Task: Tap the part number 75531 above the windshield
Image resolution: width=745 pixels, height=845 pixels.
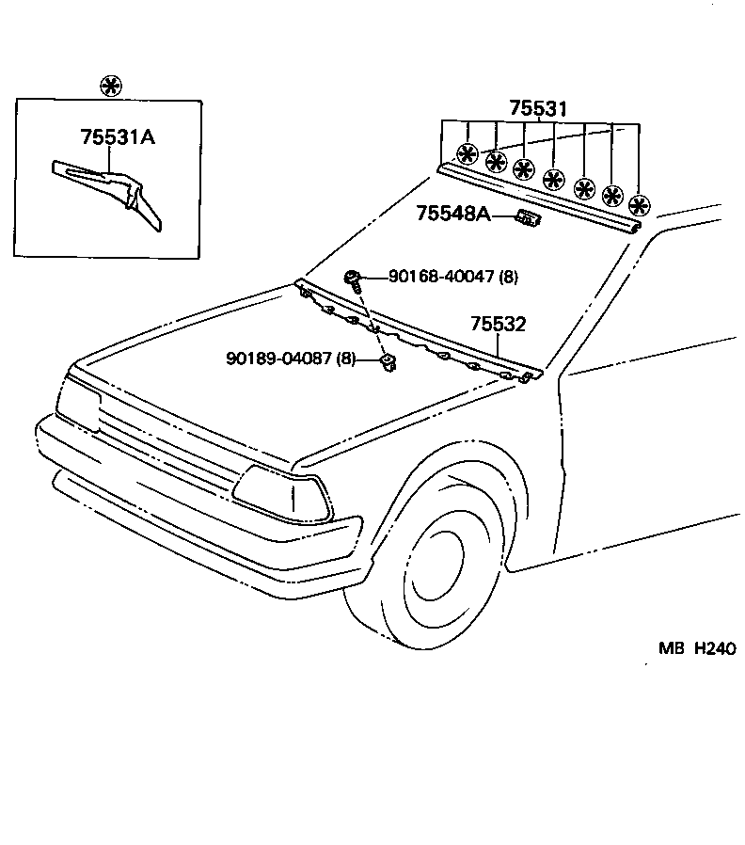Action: coord(538,109)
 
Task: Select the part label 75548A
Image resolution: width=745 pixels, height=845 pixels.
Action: coord(453,215)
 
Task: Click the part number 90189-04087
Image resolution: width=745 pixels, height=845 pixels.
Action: coord(281,358)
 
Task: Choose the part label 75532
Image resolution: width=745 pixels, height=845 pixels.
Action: coord(498,325)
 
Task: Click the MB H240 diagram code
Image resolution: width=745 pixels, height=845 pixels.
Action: coord(695,648)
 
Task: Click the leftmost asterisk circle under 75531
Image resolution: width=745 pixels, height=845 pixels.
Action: coord(467,152)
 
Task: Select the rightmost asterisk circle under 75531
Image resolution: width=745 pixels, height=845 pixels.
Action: coord(640,205)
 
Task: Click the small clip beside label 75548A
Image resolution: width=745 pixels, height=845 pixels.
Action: coord(528,218)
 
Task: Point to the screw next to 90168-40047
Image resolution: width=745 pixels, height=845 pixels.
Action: coord(352,277)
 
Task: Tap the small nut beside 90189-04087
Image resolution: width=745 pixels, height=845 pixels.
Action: coord(385,361)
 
